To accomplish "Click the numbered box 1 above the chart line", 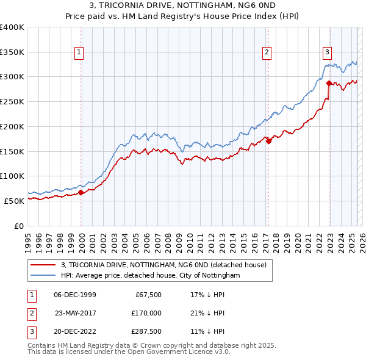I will [80, 52].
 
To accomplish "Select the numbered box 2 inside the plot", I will [267, 52].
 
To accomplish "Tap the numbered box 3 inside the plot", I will [328, 52].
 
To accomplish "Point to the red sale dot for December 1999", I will [81, 192].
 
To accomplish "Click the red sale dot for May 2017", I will [268, 142].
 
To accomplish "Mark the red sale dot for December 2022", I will [329, 83].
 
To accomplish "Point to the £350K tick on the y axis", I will [12, 52].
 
